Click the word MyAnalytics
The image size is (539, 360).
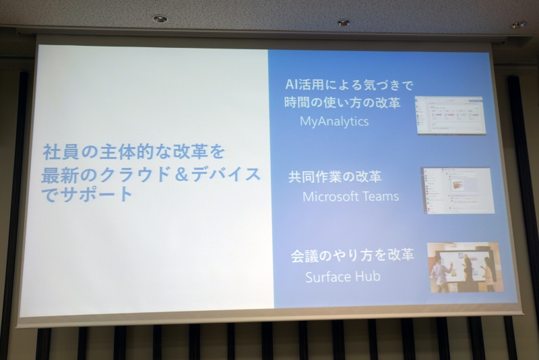coord(334,122)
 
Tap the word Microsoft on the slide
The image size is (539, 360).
coord(328,197)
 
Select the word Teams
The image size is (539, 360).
coord(378,197)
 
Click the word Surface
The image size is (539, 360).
coord(329,276)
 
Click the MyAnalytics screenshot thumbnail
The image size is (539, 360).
coord(449,115)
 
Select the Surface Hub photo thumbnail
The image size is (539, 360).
coord(464,268)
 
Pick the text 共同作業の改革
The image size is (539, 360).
coord(335,177)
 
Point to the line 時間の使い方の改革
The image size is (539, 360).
coord(343,104)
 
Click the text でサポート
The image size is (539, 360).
coord(88,196)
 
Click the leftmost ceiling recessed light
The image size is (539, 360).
coord(160,19)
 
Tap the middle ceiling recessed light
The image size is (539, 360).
coord(344,22)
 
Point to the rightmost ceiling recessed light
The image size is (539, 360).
coord(518,25)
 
